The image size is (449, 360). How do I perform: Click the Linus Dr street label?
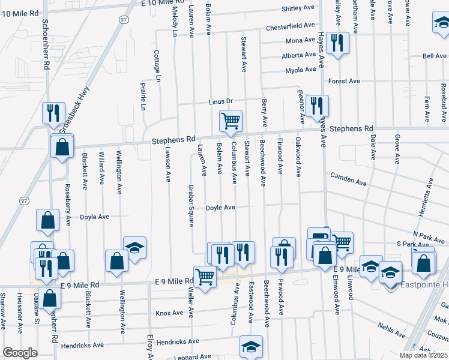click(220, 101)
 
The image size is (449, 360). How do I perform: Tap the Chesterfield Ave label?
click(291, 27)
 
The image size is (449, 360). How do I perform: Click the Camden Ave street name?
click(348, 179)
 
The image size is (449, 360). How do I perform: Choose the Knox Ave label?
click(169, 313)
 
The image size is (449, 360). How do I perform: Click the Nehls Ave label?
click(393, 326)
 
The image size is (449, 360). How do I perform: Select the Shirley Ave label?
click(298, 9)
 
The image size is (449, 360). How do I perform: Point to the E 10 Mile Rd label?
click(161, 4)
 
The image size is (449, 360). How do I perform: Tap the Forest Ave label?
click(343, 81)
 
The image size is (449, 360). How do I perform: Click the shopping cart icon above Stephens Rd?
click(231, 121)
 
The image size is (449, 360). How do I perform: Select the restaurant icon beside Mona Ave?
click(337, 42)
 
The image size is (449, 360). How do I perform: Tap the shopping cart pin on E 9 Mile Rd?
click(205, 277)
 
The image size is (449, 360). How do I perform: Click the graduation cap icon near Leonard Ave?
click(251, 346)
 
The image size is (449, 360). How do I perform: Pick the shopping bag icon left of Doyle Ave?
click(48, 220)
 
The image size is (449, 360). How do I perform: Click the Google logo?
click(20, 353)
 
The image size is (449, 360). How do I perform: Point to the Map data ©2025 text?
click(423, 355)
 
